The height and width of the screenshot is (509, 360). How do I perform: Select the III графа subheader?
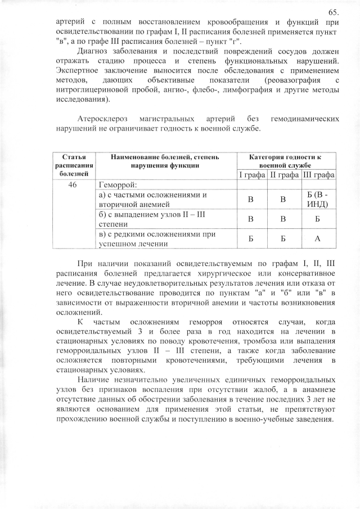(319, 175)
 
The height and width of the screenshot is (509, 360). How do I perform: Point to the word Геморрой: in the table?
(118, 184)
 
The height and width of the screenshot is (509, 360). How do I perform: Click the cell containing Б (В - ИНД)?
(319, 200)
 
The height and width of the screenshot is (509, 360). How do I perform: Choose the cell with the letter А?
(319, 238)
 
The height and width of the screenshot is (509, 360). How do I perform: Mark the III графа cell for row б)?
(319, 219)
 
